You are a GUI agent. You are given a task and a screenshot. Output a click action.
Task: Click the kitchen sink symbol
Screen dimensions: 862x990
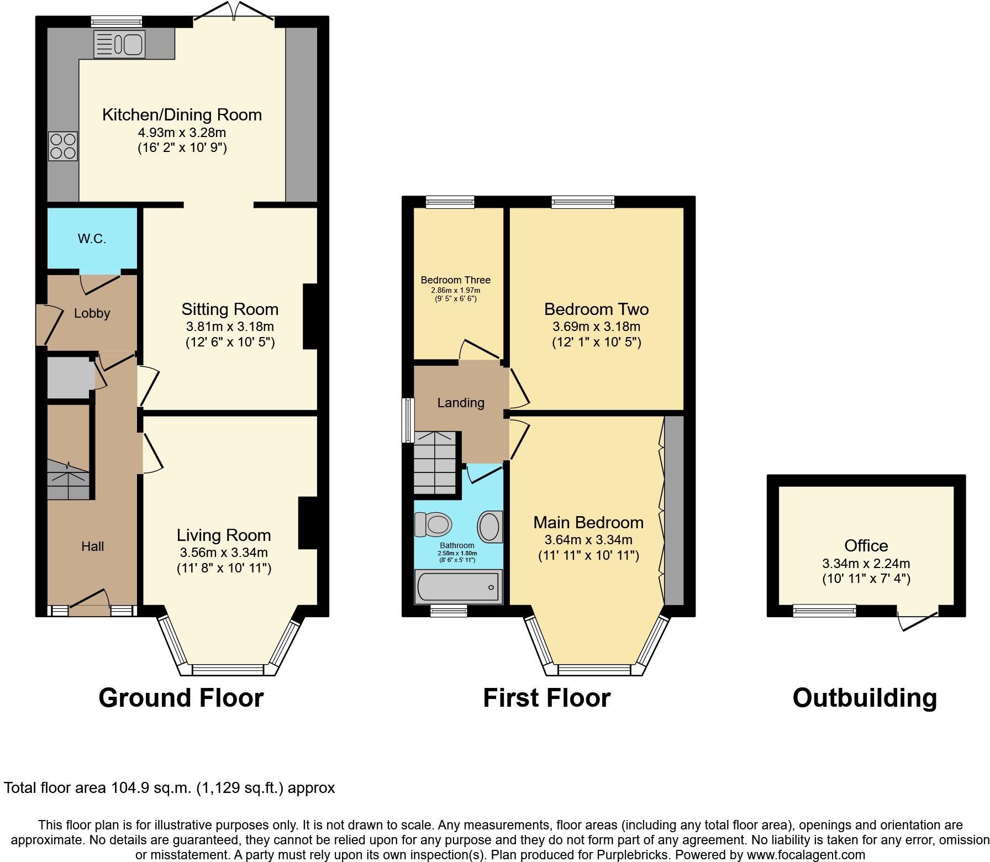click(119, 44)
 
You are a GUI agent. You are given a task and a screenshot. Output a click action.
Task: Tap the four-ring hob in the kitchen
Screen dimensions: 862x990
click(63, 146)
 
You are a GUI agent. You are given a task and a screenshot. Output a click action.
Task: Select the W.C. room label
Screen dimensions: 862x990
click(92, 239)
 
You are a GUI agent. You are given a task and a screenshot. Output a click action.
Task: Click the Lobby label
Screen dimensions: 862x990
click(92, 313)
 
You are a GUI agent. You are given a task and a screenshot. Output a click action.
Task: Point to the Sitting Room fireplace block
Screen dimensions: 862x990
click(310, 317)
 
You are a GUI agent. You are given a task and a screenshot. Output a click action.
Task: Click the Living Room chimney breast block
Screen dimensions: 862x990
click(308, 523)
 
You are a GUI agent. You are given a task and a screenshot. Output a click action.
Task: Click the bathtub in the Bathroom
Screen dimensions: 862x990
click(458, 587)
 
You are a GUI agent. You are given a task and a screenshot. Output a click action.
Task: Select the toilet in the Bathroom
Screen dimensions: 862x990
click(433, 524)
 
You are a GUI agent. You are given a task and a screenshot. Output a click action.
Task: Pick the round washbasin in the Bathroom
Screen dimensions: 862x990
click(489, 525)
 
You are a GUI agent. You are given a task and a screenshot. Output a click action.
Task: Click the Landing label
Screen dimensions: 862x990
click(461, 403)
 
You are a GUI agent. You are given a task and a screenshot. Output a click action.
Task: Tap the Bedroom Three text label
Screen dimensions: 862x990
click(455, 280)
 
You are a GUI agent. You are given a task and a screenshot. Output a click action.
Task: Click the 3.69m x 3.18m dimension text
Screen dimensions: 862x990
click(596, 326)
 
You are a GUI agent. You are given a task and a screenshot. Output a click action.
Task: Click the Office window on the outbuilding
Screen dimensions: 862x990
click(824, 611)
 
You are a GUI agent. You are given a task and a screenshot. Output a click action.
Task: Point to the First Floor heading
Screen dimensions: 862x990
click(546, 698)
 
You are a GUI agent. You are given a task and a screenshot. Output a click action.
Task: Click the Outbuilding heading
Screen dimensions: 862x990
click(865, 698)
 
